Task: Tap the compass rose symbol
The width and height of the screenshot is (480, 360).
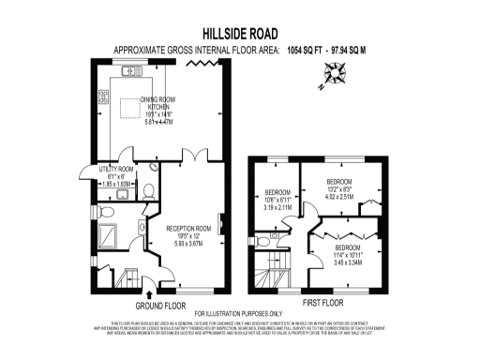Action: coord(333,72)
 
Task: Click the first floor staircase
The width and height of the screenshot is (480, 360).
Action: coord(275,268)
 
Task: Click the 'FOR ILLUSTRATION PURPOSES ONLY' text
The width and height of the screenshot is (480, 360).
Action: coord(238,312)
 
